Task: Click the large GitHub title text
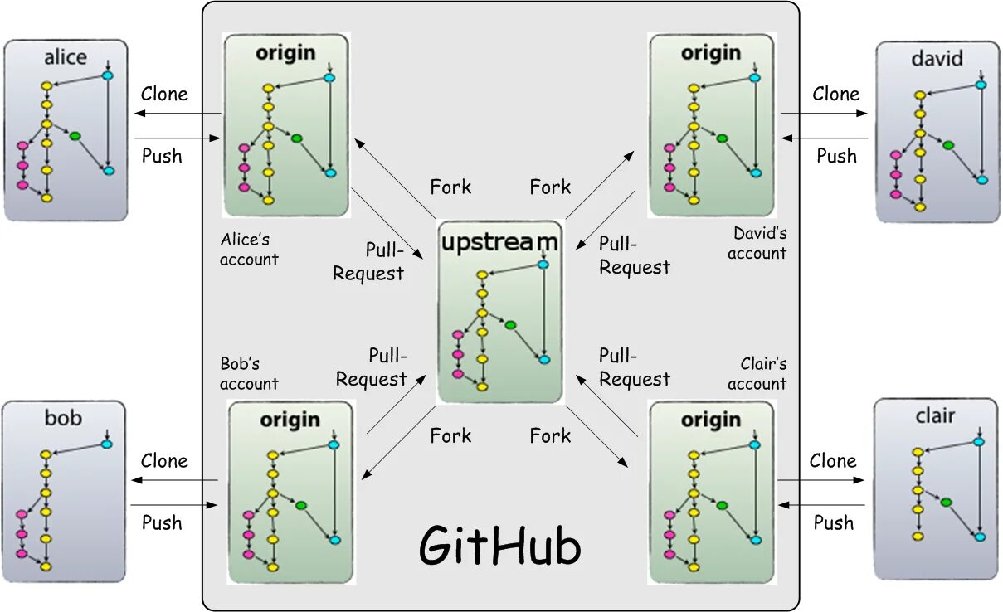[499, 546]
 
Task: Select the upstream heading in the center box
[499, 242]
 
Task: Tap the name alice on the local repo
[65, 57]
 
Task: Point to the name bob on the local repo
[64, 417]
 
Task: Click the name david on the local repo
[937, 58]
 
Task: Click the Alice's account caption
[249, 249]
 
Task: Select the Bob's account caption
[249, 373]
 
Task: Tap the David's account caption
[758, 243]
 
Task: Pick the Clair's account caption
[758, 373]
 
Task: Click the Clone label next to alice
[164, 94]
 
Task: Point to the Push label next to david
[836, 156]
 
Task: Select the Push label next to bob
[162, 522]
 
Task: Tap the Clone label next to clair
[833, 461]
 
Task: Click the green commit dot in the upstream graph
[510, 324]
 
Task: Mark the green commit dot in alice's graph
[75, 136]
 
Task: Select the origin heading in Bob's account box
[290, 420]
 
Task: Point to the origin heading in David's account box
[710, 52]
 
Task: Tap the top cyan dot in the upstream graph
[543, 265]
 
